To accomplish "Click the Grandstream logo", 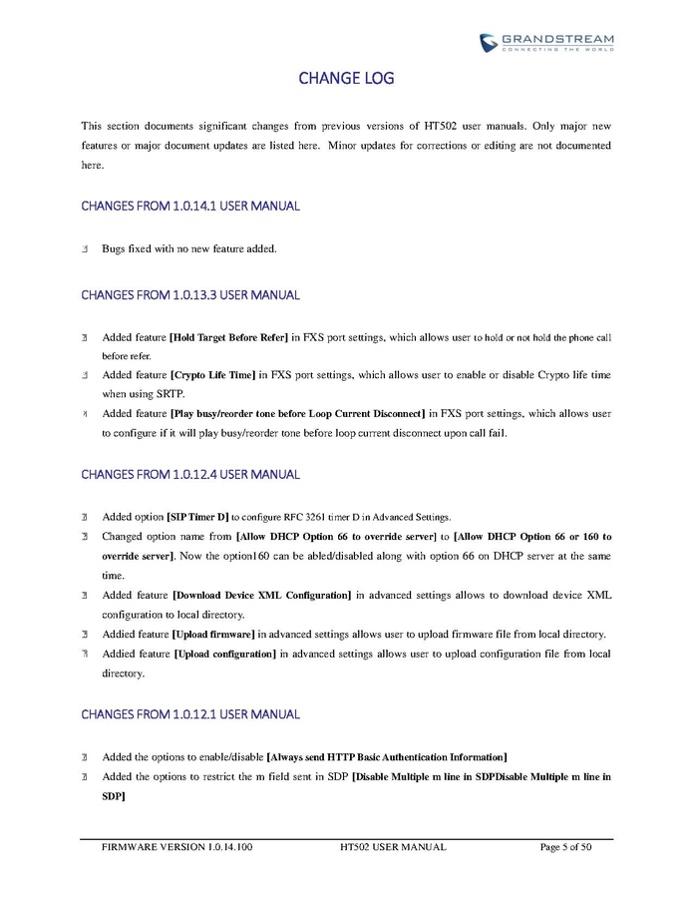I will [x=546, y=42].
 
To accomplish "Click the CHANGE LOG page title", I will [x=346, y=78].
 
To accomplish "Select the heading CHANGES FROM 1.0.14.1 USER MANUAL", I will [x=189, y=207].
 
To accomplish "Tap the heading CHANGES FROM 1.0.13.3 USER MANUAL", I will [x=189, y=295].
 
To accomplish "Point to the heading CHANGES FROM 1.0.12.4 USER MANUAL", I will [x=189, y=474].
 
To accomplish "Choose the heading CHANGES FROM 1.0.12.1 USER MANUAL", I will [x=189, y=714].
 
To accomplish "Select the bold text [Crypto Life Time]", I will [x=213, y=374].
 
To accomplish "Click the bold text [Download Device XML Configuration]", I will [x=261, y=596].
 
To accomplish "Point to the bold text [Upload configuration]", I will [x=224, y=654].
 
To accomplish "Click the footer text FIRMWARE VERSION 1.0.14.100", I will [x=177, y=847].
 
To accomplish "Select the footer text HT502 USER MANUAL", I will [x=392, y=847].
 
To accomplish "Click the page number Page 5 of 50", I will [x=565, y=847].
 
